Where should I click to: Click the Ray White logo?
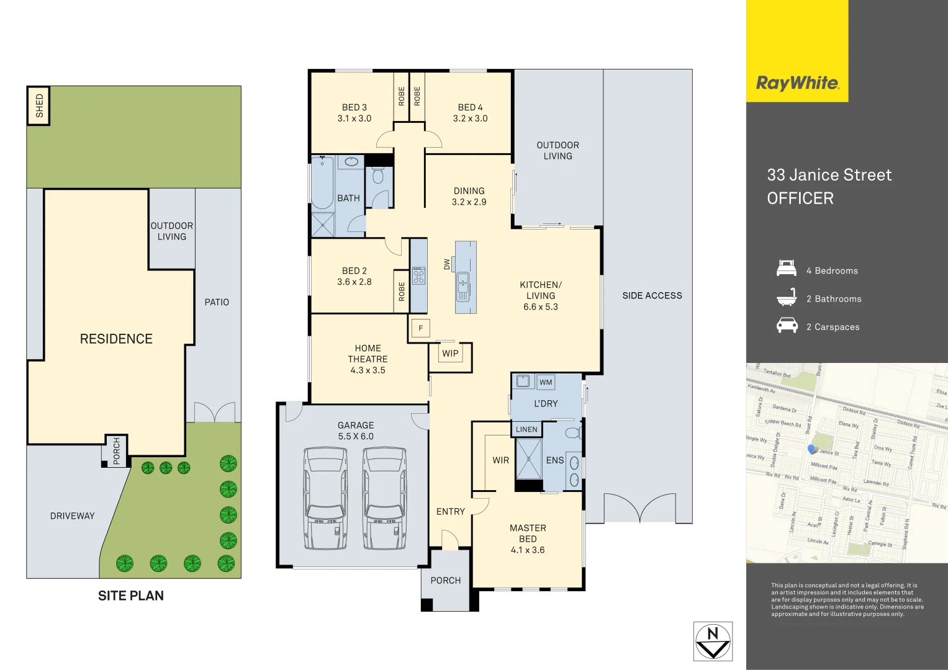point(797,83)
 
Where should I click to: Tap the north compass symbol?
point(713,641)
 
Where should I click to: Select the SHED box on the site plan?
point(38,106)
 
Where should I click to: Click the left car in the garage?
point(326,498)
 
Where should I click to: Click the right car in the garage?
point(385,498)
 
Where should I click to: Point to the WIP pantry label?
point(450,354)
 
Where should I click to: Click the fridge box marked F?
point(420,328)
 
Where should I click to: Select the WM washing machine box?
point(546,382)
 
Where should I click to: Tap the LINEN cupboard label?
point(526,429)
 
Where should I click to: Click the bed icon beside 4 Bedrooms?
point(787,269)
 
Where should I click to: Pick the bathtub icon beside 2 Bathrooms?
point(787,298)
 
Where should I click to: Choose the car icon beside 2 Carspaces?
point(787,326)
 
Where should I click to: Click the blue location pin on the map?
point(811,449)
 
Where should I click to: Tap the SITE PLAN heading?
point(131,596)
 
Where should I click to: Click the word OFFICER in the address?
point(800,199)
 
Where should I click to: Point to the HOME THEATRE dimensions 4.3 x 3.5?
point(368,370)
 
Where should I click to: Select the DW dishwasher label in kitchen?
point(446,264)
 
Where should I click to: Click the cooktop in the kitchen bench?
point(418,275)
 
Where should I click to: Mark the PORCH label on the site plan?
point(117,451)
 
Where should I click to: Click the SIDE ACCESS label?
point(652,296)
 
